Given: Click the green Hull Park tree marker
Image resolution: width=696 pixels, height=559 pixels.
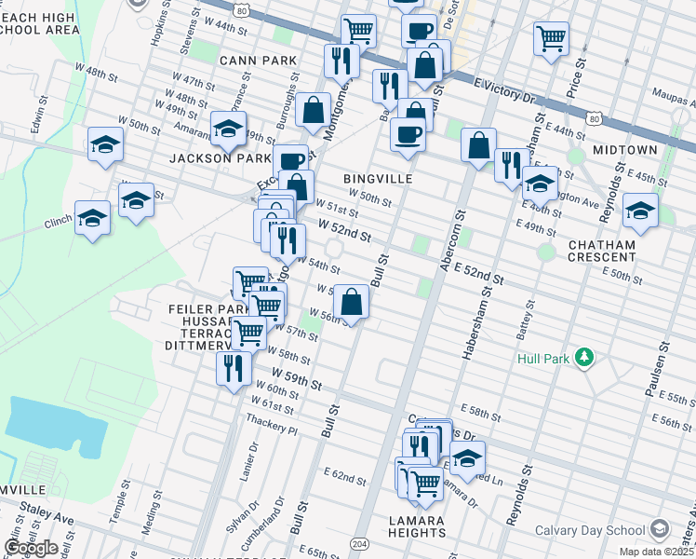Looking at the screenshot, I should pyautogui.click(x=584, y=357).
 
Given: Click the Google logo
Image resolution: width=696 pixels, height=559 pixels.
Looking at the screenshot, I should pyautogui.click(x=31, y=548).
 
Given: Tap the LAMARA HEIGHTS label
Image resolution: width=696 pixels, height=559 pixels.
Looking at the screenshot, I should pyautogui.click(x=418, y=525).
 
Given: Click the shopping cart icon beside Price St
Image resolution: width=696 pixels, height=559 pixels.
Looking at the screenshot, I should pyautogui.click(x=551, y=38).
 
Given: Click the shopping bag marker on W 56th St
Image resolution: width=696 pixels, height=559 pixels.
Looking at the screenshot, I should pyautogui.click(x=351, y=301).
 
